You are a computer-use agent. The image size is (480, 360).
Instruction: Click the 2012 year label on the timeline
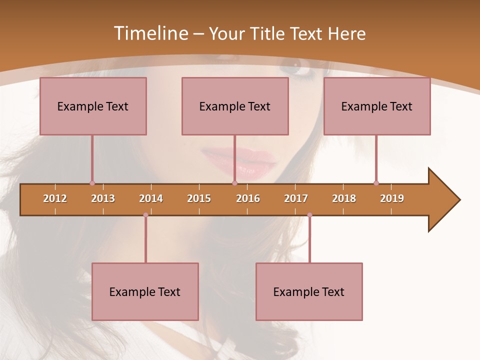coord(55,198)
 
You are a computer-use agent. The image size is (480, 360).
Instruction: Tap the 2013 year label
coord(103,198)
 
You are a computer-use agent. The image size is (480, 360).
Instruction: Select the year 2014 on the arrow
coord(151,198)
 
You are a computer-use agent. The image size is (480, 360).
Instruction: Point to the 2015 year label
coord(199,198)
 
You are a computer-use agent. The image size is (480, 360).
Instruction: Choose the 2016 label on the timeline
coord(248,198)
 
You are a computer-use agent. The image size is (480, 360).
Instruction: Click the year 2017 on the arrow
coord(296,198)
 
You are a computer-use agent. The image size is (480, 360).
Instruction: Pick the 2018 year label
coord(344,198)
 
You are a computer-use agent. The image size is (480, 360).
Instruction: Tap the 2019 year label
coord(392,198)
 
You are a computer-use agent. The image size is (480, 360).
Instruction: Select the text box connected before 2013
coord(93,106)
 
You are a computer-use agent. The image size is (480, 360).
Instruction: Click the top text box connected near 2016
coord(235,106)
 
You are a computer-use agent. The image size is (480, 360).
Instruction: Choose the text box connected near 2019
coord(377,106)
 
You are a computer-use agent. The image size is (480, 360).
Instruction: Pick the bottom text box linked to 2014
coord(145,291)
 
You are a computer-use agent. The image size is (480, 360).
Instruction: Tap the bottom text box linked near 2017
coord(309,291)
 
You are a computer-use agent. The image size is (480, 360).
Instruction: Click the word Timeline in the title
coord(150,33)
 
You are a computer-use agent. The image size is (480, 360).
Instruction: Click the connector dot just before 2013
coord(92,183)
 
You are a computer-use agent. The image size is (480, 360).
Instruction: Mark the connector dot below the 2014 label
coord(145,215)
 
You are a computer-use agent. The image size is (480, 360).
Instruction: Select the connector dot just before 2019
coord(376,183)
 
